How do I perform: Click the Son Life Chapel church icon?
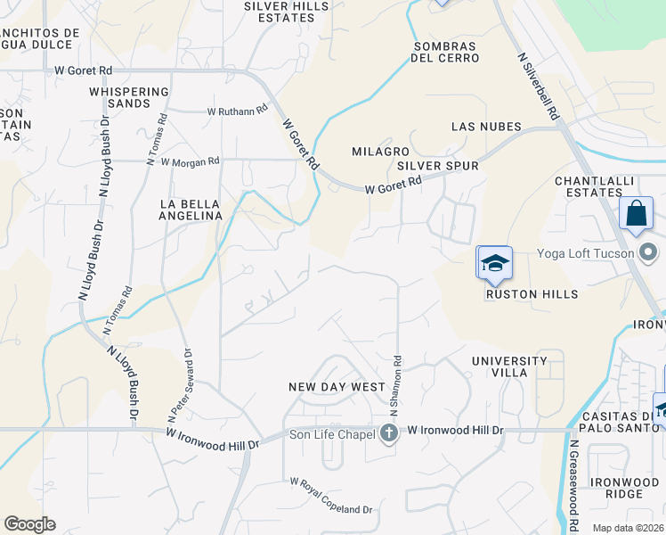pos(388,434)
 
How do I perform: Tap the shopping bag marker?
pos(636,215)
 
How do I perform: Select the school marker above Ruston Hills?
pos(494,263)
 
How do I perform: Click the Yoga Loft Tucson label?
pos(585,253)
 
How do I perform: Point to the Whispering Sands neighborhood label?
pos(130,97)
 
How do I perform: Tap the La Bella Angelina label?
pos(191,210)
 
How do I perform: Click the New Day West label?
pos(337,387)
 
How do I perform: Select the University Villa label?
pos(509,366)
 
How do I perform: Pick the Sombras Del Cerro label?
pos(445,52)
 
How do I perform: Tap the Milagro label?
pos(380,152)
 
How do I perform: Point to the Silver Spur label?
pos(438,166)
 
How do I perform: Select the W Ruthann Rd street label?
pos(237,111)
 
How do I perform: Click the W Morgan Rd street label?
pos(190,161)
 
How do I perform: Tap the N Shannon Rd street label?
pos(397,387)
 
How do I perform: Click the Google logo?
pos(29,524)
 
